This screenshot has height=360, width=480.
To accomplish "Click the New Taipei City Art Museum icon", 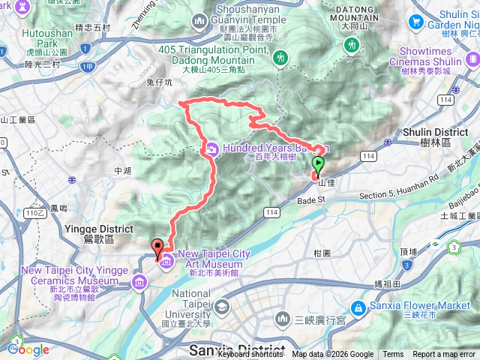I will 166,261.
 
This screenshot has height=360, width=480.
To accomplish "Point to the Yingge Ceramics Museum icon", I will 139,281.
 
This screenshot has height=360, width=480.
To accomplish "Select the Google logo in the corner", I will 28,349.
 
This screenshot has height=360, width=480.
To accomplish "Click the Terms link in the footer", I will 393,355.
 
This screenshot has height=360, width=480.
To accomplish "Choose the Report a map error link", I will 444,355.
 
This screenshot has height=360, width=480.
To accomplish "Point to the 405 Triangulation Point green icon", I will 280,57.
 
